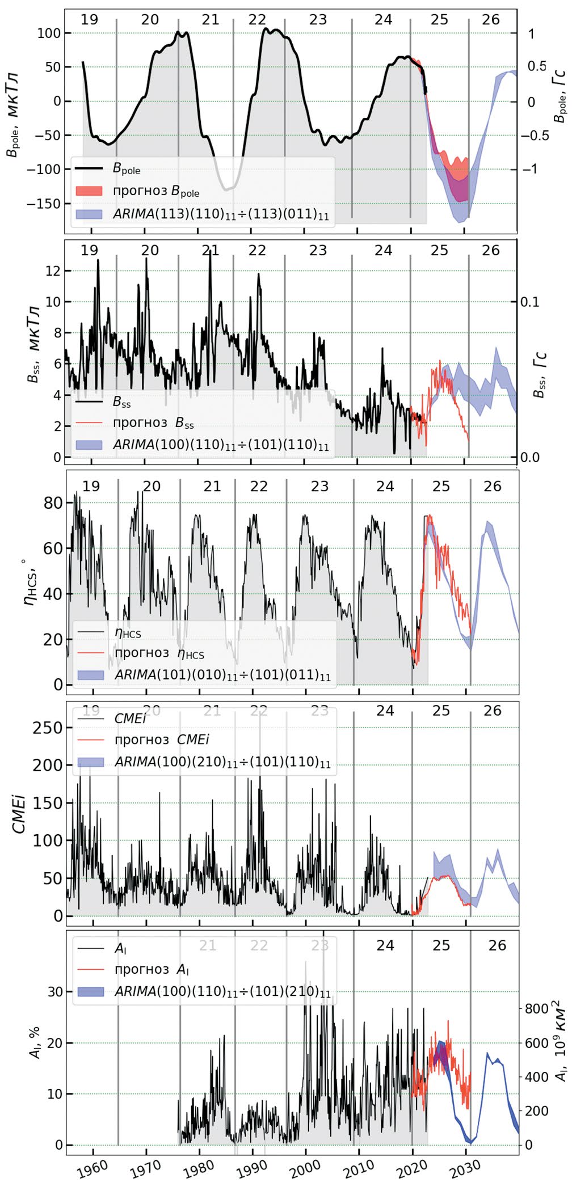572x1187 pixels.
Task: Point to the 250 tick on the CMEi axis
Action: (x=48, y=728)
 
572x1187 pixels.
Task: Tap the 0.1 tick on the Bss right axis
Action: (x=530, y=302)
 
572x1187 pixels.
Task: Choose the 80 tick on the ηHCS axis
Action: (x=54, y=503)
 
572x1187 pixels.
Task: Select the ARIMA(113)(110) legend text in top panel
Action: (x=221, y=214)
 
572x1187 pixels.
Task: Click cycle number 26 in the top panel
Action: (x=491, y=20)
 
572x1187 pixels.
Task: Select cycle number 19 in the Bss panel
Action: (x=89, y=251)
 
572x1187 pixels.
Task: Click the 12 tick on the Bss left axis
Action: (x=53, y=271)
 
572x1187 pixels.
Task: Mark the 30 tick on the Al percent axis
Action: (x=55, y=992)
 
